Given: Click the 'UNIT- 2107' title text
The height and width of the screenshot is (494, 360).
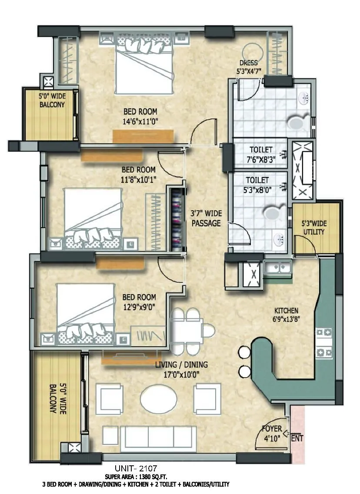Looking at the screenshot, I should click(x=135, y=468).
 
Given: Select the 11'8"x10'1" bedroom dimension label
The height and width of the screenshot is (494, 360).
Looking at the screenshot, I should click(x=139, y=179).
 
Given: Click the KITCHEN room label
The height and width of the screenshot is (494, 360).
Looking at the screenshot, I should click(x=286, y=311).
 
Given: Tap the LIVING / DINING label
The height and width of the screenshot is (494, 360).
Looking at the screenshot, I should click(x=181, y=365).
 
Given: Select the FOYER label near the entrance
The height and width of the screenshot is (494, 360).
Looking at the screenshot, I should click(x=272, y=429).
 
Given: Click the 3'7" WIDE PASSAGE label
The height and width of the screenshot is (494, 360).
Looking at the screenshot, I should click(x=206, y=218).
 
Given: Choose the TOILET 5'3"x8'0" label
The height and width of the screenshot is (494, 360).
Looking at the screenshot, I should click(x=257, y=184).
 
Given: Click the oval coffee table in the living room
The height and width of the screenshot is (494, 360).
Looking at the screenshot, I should click(x=159, y=398).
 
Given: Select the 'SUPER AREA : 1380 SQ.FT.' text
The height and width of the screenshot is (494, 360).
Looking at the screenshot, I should click(x=136, y=477).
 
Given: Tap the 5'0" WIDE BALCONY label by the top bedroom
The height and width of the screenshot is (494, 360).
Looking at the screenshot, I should click(x=52, y=101).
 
